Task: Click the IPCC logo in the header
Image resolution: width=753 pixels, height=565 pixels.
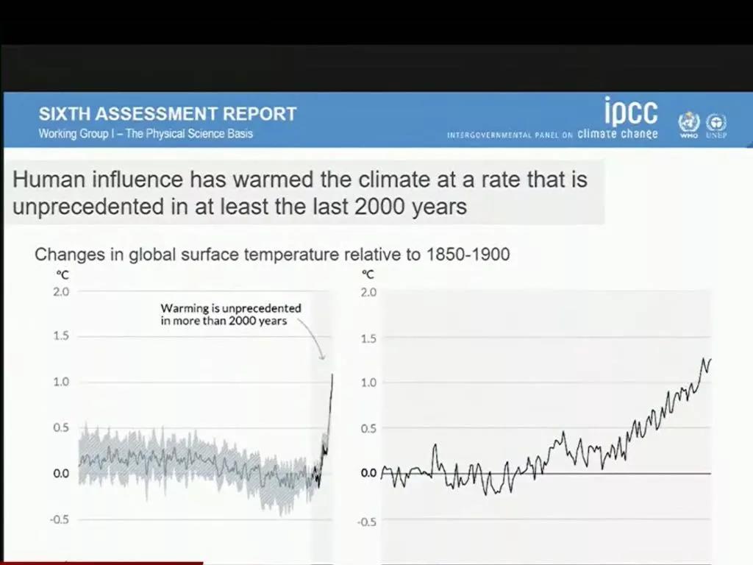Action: point(630,112)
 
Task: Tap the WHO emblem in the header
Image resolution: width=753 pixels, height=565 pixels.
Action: point(688,123)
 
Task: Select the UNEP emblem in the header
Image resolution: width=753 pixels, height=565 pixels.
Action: point(715,123)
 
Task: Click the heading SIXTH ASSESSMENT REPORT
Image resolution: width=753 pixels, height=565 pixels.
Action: point(168,114)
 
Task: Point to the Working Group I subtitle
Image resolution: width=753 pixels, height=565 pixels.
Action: point(146,134)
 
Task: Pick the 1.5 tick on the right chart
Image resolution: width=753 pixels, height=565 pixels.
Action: point(369,339)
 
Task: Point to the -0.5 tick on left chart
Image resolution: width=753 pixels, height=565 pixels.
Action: point(57,519)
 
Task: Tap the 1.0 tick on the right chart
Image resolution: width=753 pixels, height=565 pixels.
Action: point(369,383)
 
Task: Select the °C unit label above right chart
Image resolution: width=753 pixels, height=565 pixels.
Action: point(368,274)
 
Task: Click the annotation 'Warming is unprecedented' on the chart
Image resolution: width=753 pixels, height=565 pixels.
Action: point(231,308)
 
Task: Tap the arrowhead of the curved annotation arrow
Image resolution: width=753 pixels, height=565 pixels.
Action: point(324,358)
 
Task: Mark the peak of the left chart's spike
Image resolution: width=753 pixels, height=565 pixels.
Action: point(332,374)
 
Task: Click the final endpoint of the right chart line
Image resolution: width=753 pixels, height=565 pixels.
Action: point(711,359)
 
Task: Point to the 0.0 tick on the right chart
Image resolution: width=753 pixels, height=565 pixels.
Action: point(369,473)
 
